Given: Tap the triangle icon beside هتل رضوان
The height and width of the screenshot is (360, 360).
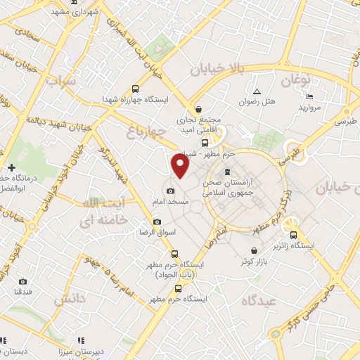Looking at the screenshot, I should click(x=257, y=92).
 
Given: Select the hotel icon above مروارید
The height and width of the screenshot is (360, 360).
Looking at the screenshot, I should click(x=310, y=96).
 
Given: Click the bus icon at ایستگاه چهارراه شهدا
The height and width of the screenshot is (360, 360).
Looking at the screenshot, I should click(x=135, y=89).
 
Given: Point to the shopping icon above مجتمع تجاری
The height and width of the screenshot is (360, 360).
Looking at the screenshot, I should click(x=199, y=110).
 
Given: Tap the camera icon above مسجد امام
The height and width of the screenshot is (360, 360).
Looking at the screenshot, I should click(x=170, y=191).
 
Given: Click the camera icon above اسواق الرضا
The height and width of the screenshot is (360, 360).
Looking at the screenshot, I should click(x=157, y=221).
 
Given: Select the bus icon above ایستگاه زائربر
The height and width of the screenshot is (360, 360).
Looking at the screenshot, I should click(x=294, y=236).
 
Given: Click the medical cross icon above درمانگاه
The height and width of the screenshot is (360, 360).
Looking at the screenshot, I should click(x=12, y=167).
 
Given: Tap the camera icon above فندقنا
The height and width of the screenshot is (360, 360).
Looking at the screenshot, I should click(x=22, y=281).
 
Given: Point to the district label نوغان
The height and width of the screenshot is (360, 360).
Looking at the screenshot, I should click(x=295, y=80).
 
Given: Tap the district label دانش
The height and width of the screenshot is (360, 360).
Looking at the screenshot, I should click(x=69, y=298).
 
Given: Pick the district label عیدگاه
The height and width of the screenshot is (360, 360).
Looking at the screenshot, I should click(x=259, y=300).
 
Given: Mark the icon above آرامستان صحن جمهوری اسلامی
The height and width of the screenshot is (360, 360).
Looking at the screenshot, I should click(x=226, y=172).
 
